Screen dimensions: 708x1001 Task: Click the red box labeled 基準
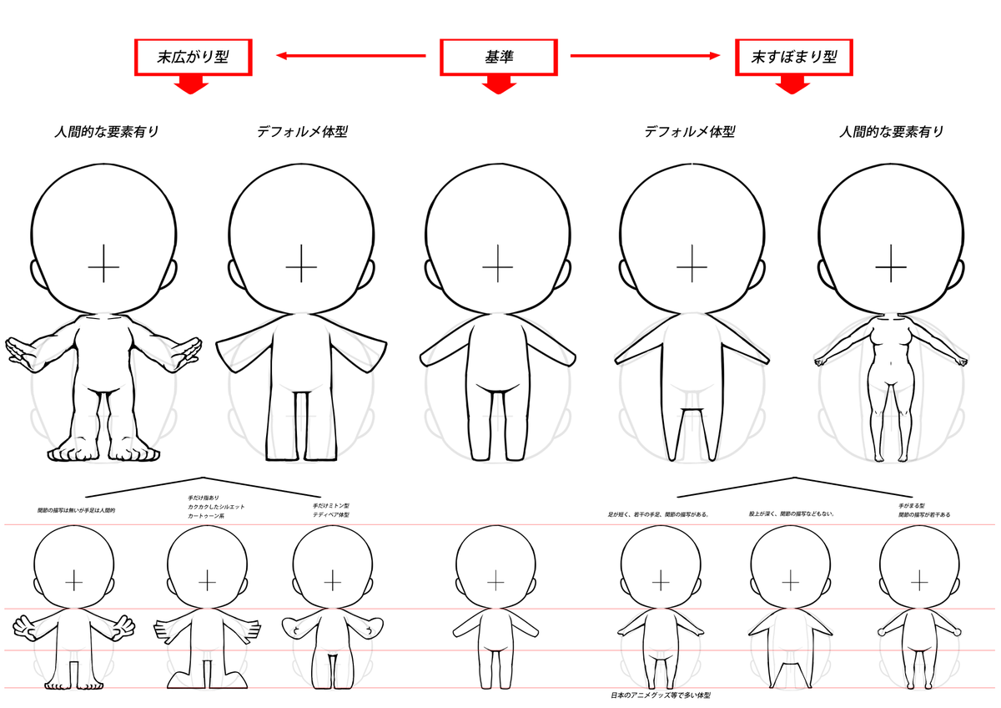[498, 57]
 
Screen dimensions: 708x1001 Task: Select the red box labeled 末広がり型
[193, 57]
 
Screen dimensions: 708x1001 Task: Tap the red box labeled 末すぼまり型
[794, 57]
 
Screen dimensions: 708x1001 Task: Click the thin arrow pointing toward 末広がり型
[351, 57]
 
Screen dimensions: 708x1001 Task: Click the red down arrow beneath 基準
[498, 84]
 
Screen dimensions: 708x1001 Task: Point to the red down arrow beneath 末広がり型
[193, 84]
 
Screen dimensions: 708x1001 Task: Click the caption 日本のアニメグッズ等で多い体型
[660, 695]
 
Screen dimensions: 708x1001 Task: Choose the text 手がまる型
[912, 506]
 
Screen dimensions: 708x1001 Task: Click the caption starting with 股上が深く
[792, 514]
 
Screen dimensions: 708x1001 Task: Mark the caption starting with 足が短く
[658, 514]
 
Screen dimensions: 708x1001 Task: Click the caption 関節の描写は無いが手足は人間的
[76, 509]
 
